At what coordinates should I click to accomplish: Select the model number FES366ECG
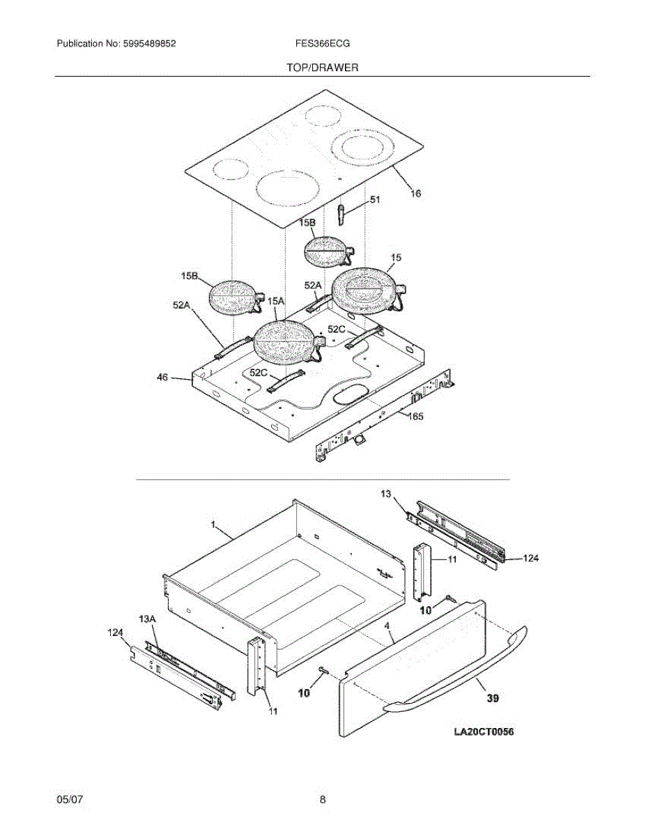[323, 43]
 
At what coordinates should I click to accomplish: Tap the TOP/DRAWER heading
[322, 68]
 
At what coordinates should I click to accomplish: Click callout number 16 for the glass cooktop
[415, 194]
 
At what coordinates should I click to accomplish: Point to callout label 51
[375, 200]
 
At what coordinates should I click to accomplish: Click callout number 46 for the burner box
[162, 377]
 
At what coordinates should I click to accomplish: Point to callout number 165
[415, 417]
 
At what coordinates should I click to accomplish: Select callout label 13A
[147, 619]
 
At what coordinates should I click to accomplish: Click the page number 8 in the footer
[323, 800]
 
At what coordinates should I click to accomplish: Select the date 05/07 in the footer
[70, 800]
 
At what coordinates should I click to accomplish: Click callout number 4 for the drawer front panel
[387, 626]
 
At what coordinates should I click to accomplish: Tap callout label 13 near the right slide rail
[386, 493]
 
